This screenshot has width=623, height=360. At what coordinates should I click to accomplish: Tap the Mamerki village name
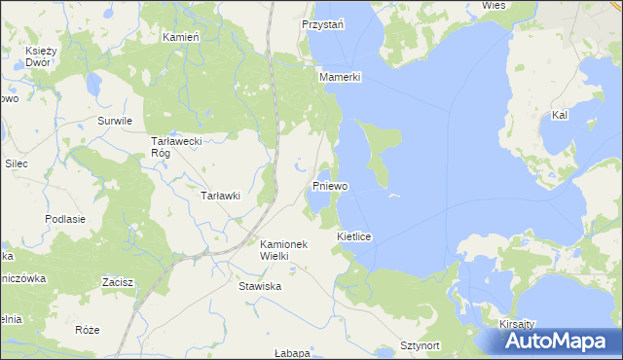coord(340,76)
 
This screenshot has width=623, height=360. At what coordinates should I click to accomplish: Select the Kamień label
coord(180,36)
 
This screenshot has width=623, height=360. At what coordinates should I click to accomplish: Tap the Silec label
coord(16,163)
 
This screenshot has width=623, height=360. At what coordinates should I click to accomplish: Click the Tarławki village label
coord(219,196)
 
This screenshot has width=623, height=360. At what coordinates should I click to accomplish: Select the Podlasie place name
coord(65,219)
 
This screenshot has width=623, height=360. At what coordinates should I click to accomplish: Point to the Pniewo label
coord(331,185)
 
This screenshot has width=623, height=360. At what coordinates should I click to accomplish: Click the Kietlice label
coord(355,236)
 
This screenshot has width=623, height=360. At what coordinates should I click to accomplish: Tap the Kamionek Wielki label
coord(283,250)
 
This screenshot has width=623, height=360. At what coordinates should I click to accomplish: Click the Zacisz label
coord(118,282)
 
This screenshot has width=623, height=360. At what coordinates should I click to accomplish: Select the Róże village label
coord(87,330)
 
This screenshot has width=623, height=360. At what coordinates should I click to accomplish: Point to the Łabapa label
coord(291,352)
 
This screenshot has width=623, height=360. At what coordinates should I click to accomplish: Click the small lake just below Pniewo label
coord(315,199)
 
